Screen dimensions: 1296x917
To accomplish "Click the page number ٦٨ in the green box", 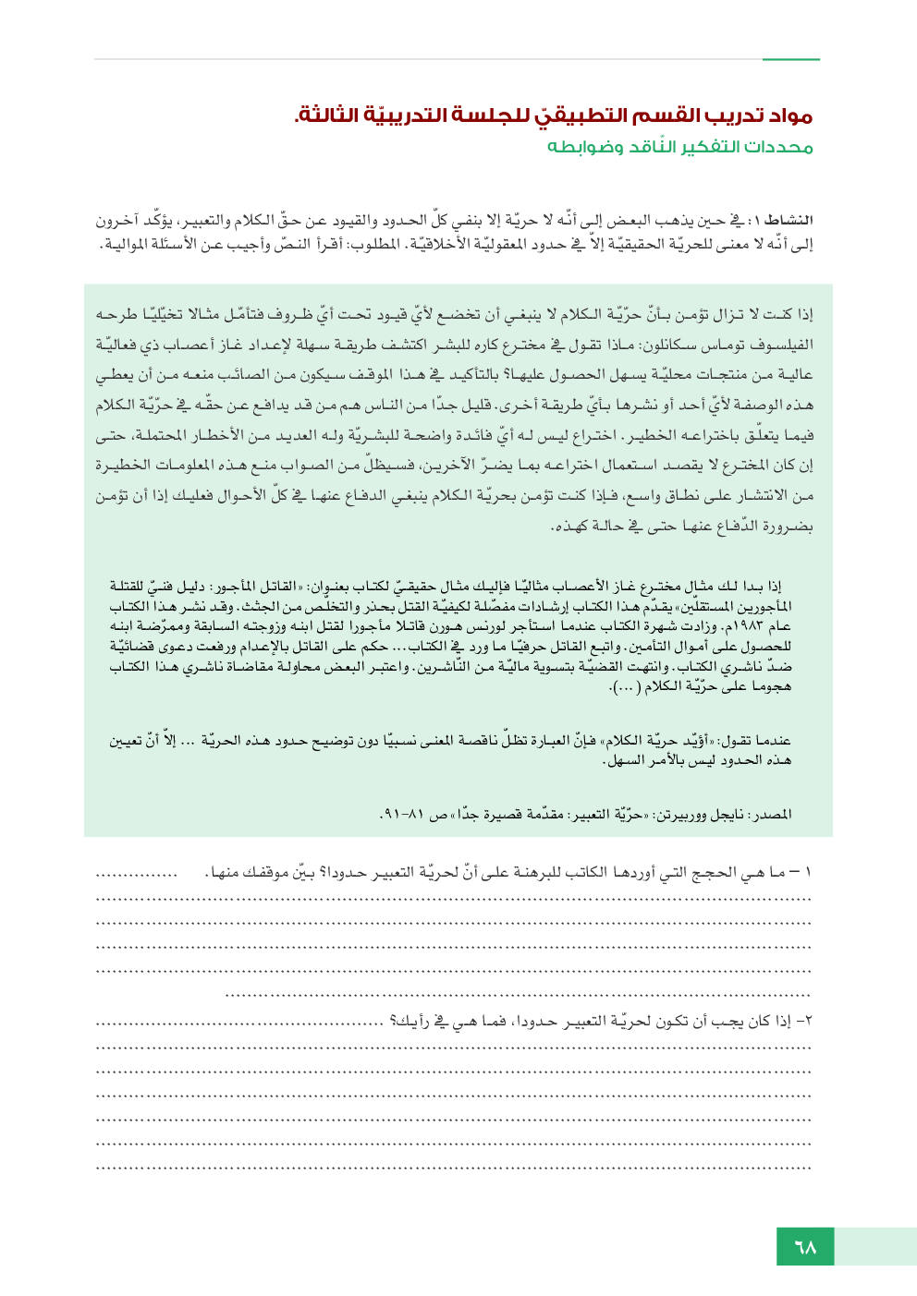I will [x=805, y=1247].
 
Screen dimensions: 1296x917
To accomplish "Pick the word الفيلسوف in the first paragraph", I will [x=785, y=345].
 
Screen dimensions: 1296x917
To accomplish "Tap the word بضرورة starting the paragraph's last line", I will [x=789, y=527].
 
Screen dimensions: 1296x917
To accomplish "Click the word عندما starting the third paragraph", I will [x=770, y=741].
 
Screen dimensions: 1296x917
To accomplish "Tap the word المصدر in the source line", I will [x=773, y=815].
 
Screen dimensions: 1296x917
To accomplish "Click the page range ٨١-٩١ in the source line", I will [x=395, y=815].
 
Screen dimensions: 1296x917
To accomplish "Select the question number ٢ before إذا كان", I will [x=807, y=1022].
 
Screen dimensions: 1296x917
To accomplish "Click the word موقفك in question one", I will [x=270, y=873].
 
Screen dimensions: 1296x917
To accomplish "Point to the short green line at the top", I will [x=790, y=60].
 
